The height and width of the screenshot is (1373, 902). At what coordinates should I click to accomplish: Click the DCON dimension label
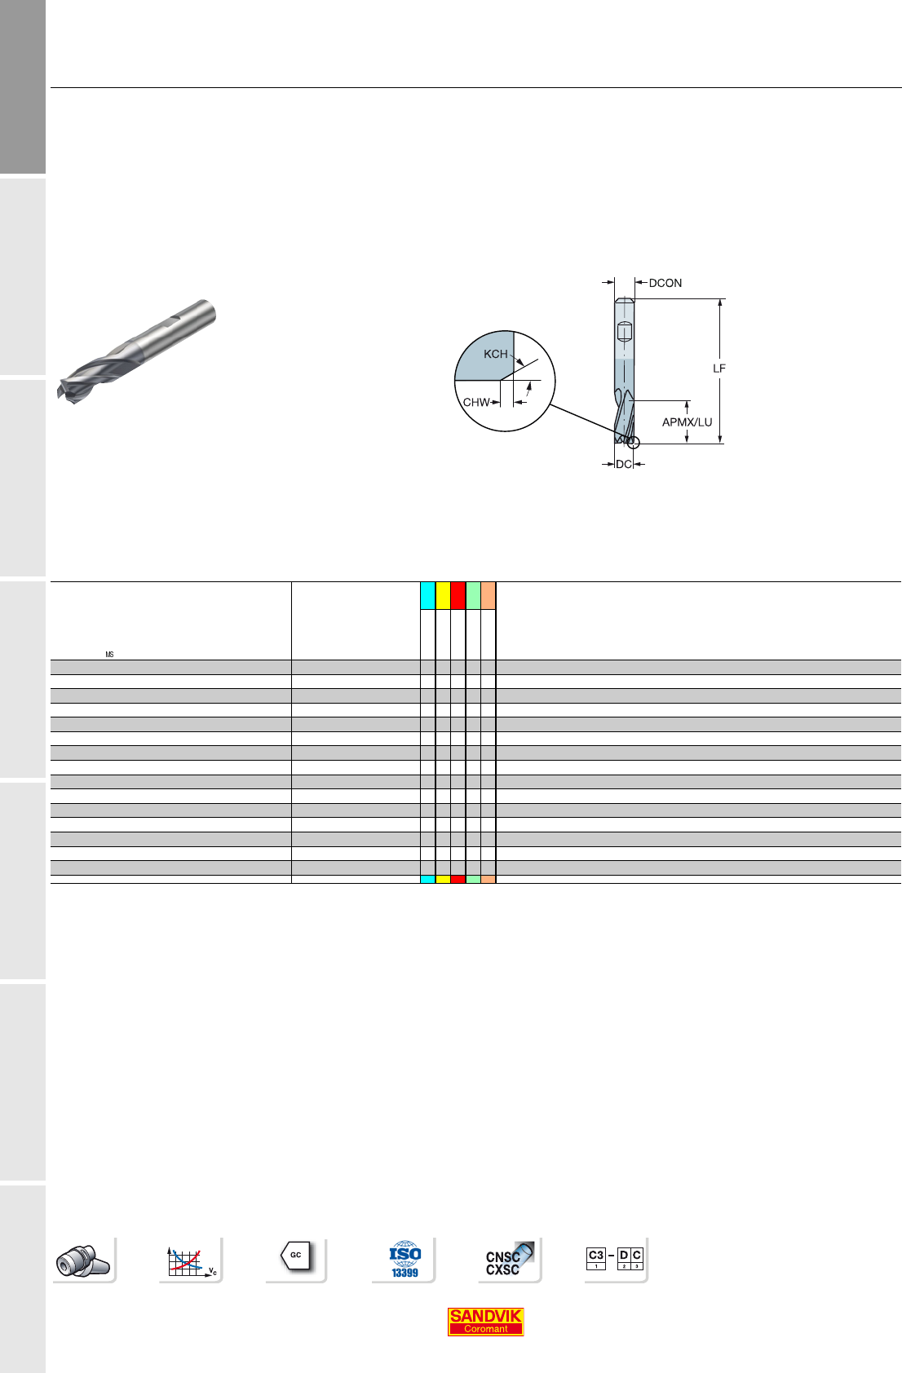click(x=665, y=283)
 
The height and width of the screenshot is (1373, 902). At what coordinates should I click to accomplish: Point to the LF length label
click(x=719, y=369)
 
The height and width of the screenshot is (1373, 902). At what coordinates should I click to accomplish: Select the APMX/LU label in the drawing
click(x=687, y=422)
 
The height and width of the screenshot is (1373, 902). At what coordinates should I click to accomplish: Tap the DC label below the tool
click(x=624, y=464)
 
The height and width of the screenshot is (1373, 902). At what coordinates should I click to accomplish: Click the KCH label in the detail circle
click(x=496, y=355)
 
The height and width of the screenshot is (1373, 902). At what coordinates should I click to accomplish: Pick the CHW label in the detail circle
click(x=476, y=402)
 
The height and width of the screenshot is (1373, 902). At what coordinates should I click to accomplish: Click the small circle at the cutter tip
click(x=634, y=443)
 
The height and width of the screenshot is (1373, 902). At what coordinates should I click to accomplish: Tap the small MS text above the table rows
click(x=110, y=655)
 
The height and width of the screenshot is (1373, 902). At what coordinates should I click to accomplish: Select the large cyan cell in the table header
click(x=428, y=596)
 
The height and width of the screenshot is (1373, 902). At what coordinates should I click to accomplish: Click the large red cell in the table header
click(x=458, y=596)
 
